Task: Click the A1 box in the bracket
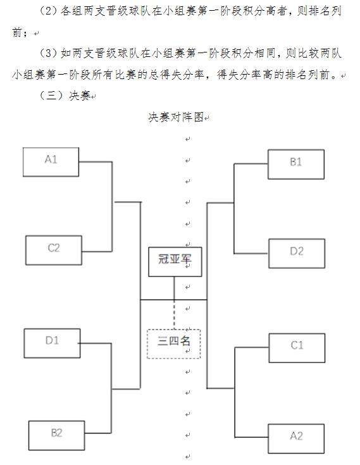51,161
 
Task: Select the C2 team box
54,249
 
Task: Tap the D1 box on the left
52,342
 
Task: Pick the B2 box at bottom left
56,434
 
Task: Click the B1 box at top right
295,163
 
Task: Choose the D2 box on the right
297,252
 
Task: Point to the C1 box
297,346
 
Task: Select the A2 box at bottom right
296,437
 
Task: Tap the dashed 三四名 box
174,344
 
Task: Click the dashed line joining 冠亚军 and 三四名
175,314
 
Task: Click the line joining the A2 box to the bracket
251,437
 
